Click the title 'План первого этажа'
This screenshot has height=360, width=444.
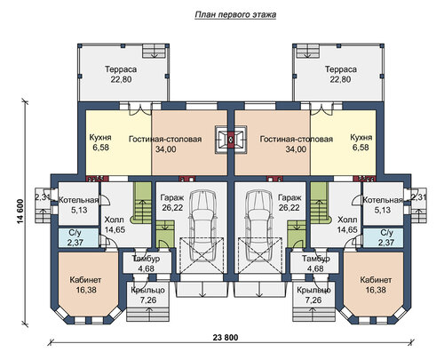[x=235, y=15]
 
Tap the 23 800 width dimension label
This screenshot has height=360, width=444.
[x=226, y=338]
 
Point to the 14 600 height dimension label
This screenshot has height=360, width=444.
[x=20, y=212]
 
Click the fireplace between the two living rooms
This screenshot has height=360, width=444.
[x=231, y=140]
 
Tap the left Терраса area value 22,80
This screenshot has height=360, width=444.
[x=121, y=79]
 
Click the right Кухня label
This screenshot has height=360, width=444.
[x=361, y=138]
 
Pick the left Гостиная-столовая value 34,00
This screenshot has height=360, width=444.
[x=166, y=149]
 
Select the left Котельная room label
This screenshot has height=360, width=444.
[x=78, y=200]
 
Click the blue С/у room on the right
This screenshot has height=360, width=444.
[x=383, y=237]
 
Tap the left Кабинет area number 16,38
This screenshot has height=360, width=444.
[x=86, y=290]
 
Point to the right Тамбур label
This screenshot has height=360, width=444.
[x=316, y=259]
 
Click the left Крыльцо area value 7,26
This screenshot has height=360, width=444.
[x=148, y=300]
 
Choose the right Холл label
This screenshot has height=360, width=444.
[x=347, y=220]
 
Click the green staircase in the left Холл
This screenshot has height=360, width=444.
[x=143, y=203]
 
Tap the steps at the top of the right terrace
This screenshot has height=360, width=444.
[x=308, y=51]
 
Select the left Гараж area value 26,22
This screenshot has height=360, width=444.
[x=172, y=208]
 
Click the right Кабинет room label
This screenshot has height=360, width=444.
[x=376, y=280]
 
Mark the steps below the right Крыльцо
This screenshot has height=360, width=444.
[x=314, y=314]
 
